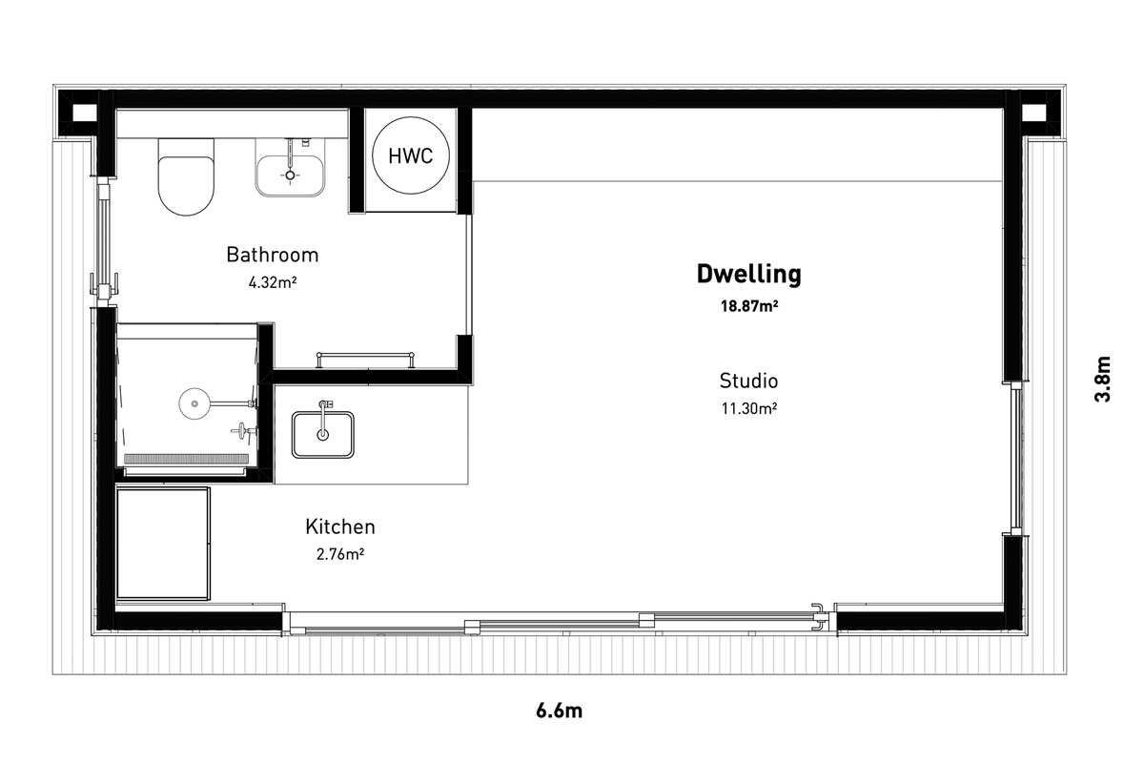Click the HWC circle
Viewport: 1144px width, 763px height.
pyautogui.click(x=411, y=155)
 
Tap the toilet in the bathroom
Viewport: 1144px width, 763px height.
pyautogui.click(x=186, y=176)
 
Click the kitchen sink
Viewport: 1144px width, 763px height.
pyautogui.click(x=323, y=434)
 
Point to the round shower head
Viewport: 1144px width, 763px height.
pyautogui.click(x=194, y=403)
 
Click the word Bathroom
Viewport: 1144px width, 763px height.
pyautogui.click(x=273, y=255)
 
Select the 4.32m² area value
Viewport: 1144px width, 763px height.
pyautogui.click(x=273, y=282)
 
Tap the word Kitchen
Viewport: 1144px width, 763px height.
pyautogui.click(x=340, y=526)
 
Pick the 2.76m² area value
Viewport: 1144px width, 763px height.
pyautogui.click(x=340, y=554)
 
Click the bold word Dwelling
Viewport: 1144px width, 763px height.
pyautogui.click(x=748, y=274)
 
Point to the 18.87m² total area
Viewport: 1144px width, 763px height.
pyautogui.click(x=749, y=306)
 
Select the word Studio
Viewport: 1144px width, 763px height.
pyautogui.click(x=748, y=381)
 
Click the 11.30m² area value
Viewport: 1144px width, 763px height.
pyautogui.click(x=749, y=408)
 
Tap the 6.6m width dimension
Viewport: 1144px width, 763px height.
pyautogui.click(x=559, y=711)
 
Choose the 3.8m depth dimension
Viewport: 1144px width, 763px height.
pyautogui.click(x=1102, y=380)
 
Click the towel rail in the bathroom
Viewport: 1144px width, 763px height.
pyautogui.click(x=365, y=359)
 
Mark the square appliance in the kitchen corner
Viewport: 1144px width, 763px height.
pyautogui.click(x=163, y=544)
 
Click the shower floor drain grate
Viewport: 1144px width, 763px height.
pyautogui.click(x=187, y=459)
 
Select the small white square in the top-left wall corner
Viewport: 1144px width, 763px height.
pyautogui.click(x=84, y=113)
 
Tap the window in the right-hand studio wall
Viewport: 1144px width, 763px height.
pyautogui.click(x=1016, y=459)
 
